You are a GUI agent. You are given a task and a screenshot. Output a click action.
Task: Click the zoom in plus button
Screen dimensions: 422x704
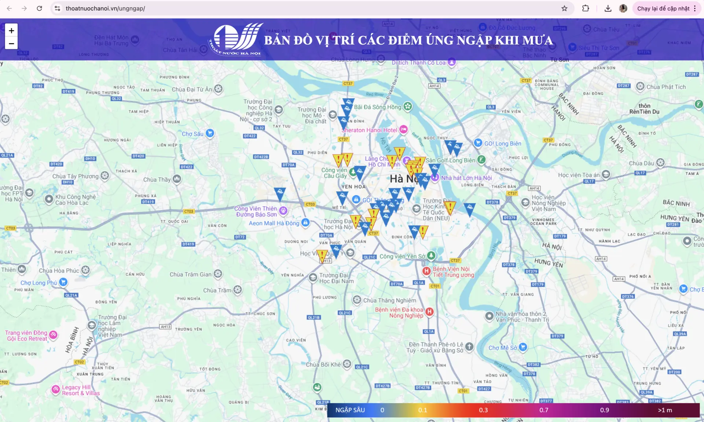(x=11, y=30)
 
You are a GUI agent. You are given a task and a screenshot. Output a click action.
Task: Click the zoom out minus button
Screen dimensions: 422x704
(x=11, y=43)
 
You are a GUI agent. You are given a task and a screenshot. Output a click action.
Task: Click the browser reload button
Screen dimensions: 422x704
(x=39, y=8)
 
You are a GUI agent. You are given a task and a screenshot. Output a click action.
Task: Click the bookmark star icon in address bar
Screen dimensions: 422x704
(x=564, y=8)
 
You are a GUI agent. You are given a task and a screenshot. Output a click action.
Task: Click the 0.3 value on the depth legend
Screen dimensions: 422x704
(x=483, y=410)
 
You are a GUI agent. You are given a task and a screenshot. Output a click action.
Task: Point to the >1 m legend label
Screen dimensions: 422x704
(x=665, y=410)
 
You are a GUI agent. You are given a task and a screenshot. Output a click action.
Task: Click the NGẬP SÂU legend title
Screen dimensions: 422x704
(x=350, y=410)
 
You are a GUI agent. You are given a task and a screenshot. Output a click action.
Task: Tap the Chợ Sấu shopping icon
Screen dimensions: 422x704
(x=210, y=133)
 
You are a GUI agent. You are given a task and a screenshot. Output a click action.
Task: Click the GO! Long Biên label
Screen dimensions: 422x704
(x=502, y=143)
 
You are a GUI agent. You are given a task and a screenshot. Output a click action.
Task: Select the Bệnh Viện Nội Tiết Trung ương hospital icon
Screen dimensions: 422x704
(x=426, y=271)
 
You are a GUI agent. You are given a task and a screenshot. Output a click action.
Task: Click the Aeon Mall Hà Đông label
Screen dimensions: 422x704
(x=274, y=223)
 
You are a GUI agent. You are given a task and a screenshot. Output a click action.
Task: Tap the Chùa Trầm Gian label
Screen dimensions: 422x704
(x=190, y=274)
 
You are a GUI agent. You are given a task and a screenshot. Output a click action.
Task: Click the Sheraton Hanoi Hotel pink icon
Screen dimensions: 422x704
(x=403, y=129)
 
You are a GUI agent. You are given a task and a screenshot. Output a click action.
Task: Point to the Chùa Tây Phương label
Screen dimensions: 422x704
(x=75, y=176)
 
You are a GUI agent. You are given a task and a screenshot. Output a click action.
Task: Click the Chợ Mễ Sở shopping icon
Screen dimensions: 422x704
(x=523, y=347)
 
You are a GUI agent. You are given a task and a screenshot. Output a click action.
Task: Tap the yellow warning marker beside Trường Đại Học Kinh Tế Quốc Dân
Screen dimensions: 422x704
(x=450, y=207)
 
